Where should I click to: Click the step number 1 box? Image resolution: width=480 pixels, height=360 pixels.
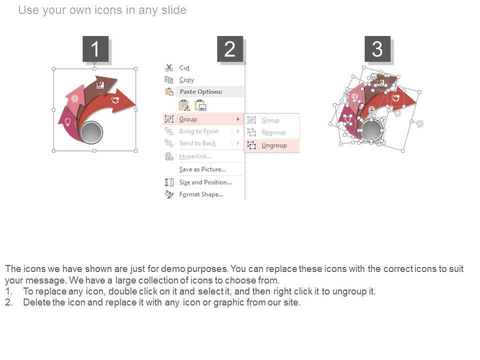click(95, 48)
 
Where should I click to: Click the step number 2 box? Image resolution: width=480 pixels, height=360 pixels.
click(230, 48)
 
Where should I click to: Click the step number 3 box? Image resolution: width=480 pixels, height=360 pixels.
click(377, 48)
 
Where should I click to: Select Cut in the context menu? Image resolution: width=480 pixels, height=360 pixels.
click(184, 67)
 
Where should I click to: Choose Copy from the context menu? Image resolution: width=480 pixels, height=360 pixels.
click(186, 80)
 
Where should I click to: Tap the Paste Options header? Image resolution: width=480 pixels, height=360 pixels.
click(201, 91)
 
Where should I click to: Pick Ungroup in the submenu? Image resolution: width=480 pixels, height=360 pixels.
click(274, 145)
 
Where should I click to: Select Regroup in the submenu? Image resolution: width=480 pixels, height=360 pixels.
click(273, 132)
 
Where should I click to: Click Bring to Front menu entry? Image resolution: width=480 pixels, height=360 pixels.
click(198, 131)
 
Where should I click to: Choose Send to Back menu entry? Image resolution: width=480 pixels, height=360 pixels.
click(197, 143)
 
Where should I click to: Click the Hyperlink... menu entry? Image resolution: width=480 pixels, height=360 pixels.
click(195, 156)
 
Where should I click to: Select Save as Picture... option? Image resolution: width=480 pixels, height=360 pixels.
click(202, 169)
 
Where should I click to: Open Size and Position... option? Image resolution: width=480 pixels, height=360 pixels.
click(205, 182)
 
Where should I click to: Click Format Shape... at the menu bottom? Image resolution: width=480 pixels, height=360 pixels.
click(201, 194)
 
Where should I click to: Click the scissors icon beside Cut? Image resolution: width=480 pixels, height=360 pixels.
click(169, 67)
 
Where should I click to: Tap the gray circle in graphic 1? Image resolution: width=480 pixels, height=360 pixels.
click(91, 132)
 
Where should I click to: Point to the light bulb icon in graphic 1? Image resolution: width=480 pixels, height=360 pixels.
click(67, 122)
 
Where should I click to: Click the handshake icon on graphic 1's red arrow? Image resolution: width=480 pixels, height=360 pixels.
click(115, 100)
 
